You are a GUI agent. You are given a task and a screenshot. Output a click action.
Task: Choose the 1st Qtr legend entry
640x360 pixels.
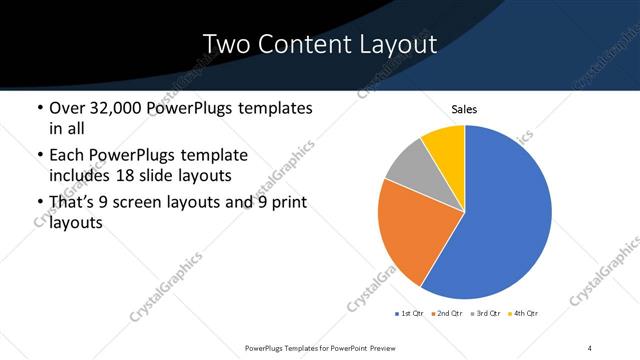(410, 315)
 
